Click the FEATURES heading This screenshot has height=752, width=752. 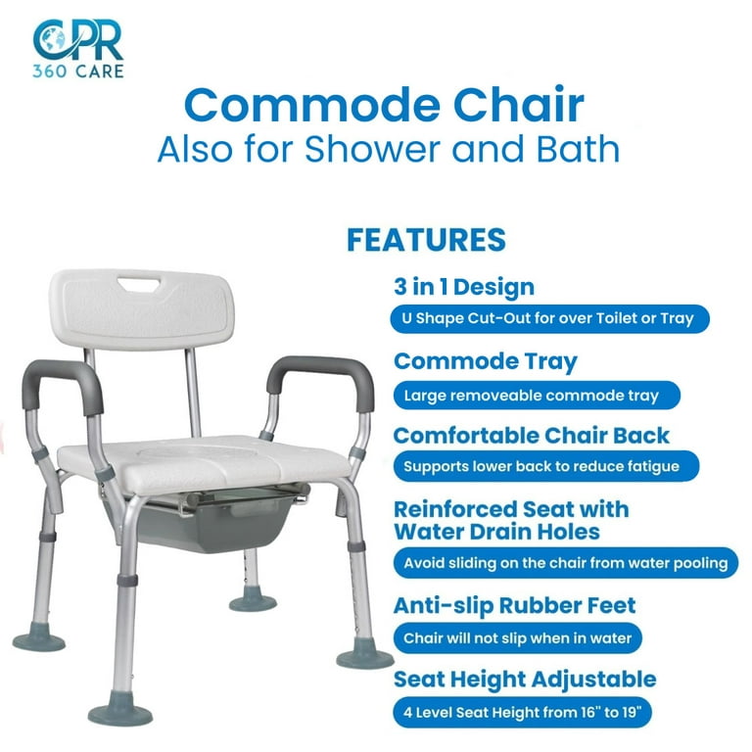[426, 240]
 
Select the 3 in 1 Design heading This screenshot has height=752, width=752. [464, 288]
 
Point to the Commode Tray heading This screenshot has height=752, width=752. [486, 361]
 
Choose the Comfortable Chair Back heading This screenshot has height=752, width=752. [532, 435]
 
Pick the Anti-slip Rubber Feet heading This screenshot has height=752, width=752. [515, 606]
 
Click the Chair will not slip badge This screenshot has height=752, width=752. [518, 638]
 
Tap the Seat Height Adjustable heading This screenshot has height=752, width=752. [525, 680]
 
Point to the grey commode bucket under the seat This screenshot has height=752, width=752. [196, 524]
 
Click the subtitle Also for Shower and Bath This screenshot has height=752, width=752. [389, 149]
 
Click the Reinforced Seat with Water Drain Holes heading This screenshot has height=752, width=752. [511, 521]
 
